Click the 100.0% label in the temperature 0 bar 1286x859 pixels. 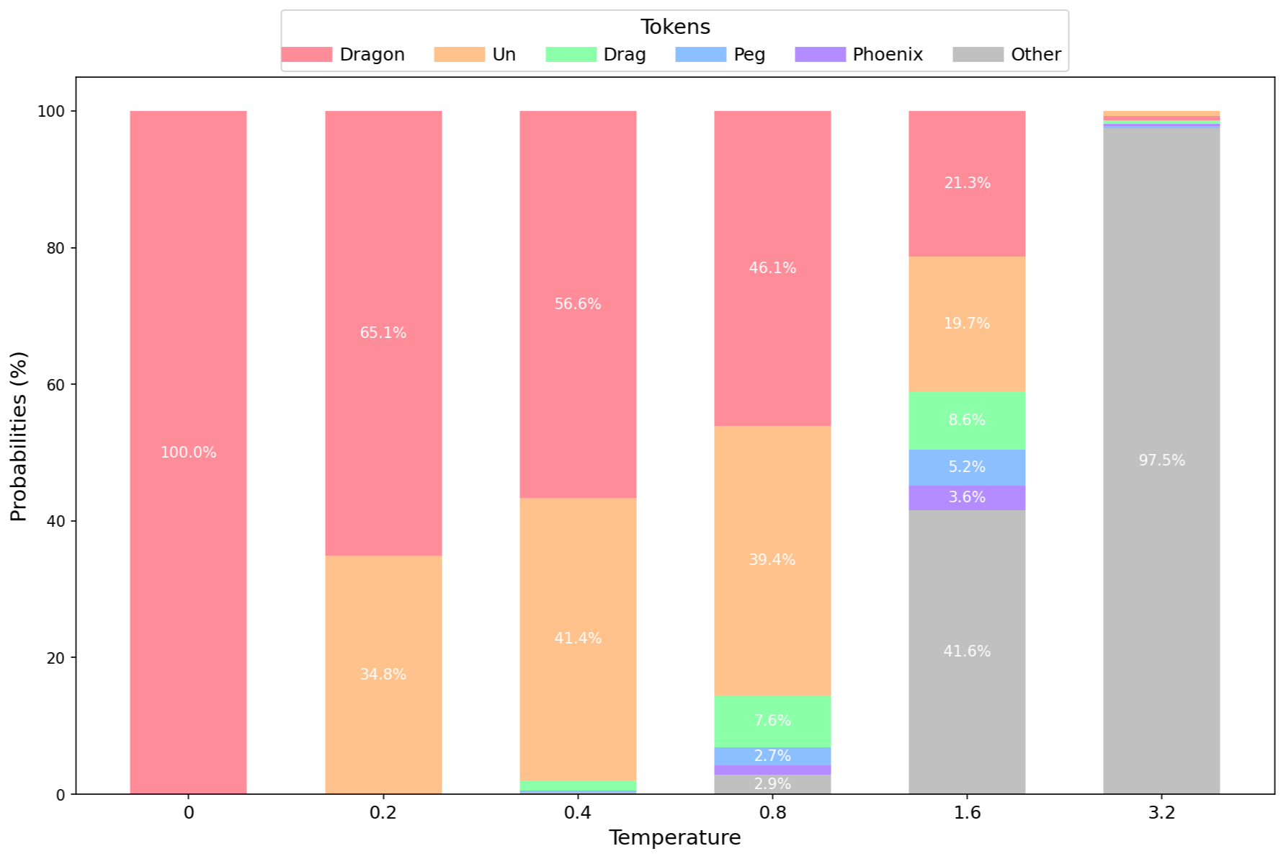(188, 453)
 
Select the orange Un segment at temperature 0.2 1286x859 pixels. (383, 675)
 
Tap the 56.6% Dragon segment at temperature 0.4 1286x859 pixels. (578, 304)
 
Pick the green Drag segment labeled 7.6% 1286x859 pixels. (772, 721)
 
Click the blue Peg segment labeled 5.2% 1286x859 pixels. (967, 467)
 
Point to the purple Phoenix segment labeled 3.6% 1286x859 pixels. (967, 497)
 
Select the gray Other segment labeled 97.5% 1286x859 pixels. (1161, 460)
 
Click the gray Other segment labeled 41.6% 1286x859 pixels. (967, 651)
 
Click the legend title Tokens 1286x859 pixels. (675, 27)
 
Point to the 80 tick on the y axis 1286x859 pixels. (55, 248)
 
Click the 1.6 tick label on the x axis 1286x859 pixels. (967, 813)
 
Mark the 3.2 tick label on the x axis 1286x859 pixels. (1161, 813)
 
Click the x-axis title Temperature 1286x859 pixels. (674, 837)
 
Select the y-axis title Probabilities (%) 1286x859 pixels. (19, 436)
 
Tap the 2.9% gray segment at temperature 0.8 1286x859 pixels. (772, 784)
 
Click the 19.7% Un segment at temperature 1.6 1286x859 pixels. (967, 324)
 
